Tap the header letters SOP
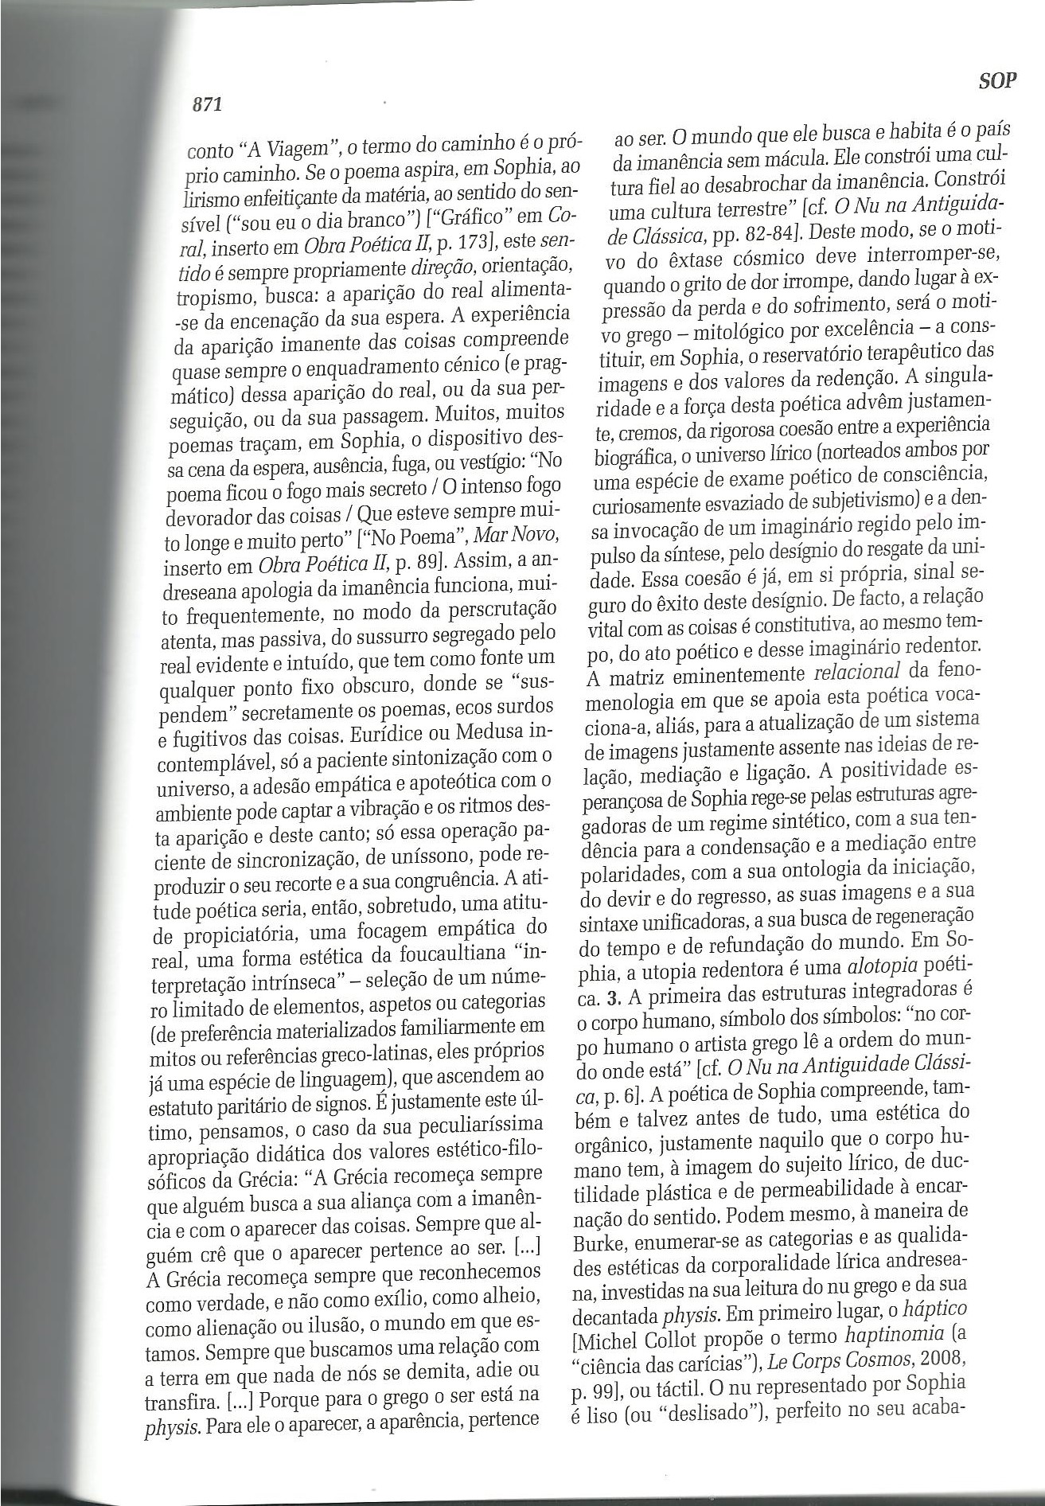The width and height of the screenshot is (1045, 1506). click(997, 81)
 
